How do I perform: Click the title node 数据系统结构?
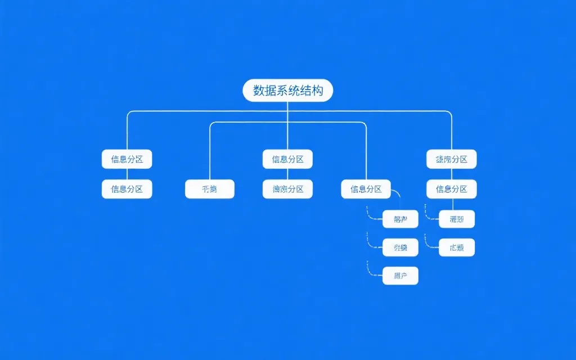click(287, 91)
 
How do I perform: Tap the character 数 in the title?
click(259, 91)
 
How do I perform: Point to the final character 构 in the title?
click(317, 91)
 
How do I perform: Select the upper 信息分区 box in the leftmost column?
click(127, 159)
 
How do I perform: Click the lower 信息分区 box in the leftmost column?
click(127, 189)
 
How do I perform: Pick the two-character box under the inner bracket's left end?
click(210, 189)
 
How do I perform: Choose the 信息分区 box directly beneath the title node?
click(287, 159)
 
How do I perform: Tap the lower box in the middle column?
click(287, 189)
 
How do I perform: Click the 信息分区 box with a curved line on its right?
click(366, 189)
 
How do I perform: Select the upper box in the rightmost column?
click(452, 159)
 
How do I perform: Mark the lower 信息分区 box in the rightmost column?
click(452, 189)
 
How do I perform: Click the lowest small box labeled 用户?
click(400, 276)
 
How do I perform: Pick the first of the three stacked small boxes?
click(400, 219)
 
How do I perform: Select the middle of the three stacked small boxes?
click(400, 247)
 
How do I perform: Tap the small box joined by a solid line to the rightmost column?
click(457, 219)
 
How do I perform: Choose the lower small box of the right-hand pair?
click(457, 247)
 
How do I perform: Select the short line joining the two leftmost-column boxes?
click(127, 174)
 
